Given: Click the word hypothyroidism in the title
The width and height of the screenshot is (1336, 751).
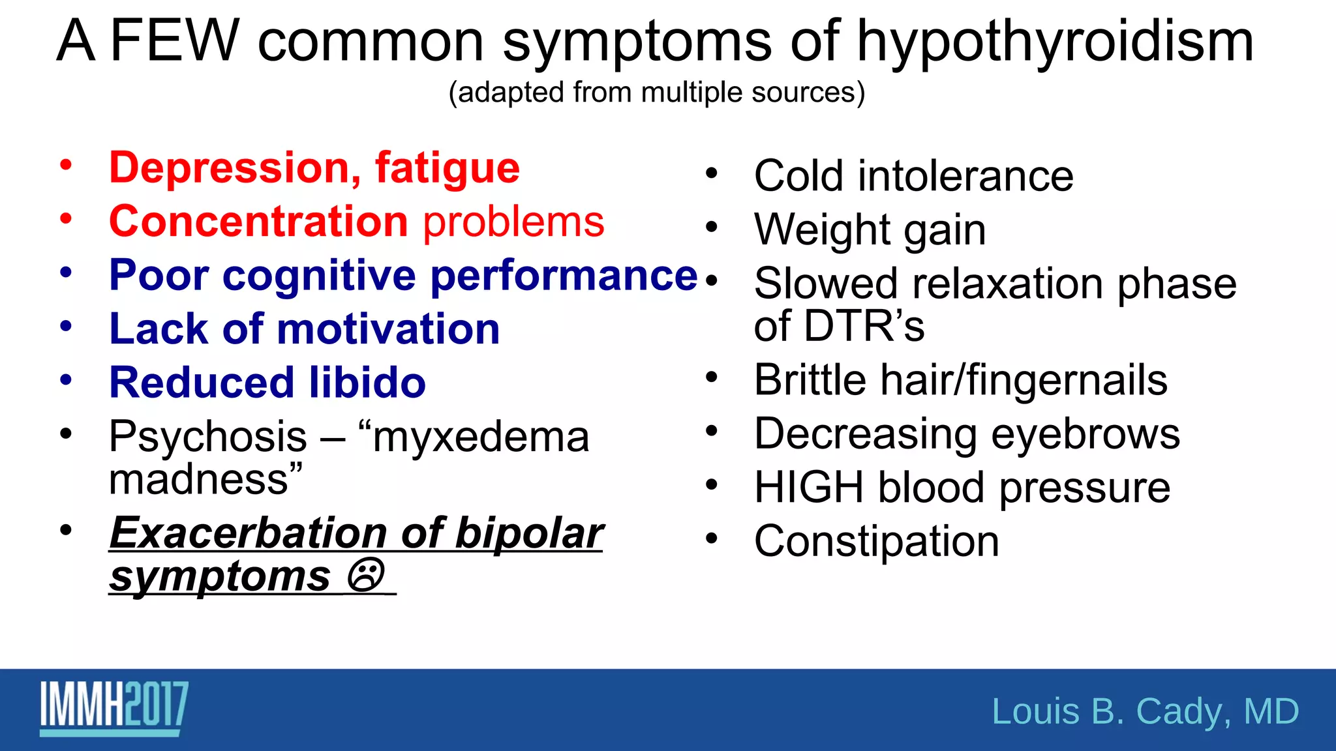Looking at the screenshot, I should pos(1055,42).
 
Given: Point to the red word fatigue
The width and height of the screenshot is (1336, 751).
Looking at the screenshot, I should pos(447,169).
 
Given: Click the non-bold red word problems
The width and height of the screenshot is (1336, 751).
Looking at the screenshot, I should pos(514,222).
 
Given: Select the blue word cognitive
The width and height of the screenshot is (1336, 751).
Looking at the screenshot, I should pos(318,276).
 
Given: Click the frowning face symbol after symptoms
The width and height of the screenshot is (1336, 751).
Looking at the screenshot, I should pos(365,575).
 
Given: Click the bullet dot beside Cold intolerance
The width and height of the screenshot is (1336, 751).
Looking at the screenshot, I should pos(711,174).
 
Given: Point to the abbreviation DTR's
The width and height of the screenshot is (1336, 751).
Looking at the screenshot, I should pos(864,326).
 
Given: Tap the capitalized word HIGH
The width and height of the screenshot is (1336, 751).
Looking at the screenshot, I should pos(808,488).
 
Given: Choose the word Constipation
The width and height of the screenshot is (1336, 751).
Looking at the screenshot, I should pos(876,541).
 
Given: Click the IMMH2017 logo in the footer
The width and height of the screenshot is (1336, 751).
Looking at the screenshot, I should pos(114,709).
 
